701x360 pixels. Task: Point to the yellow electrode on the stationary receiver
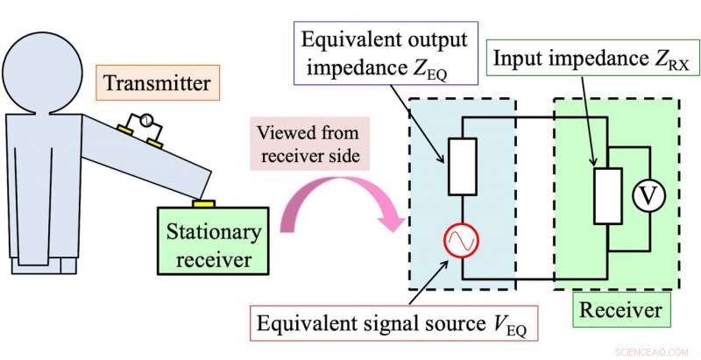click(x=204, y=203)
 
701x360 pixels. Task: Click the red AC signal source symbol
click(x=461, y=239)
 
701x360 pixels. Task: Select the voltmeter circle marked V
click(x=647, y=199)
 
